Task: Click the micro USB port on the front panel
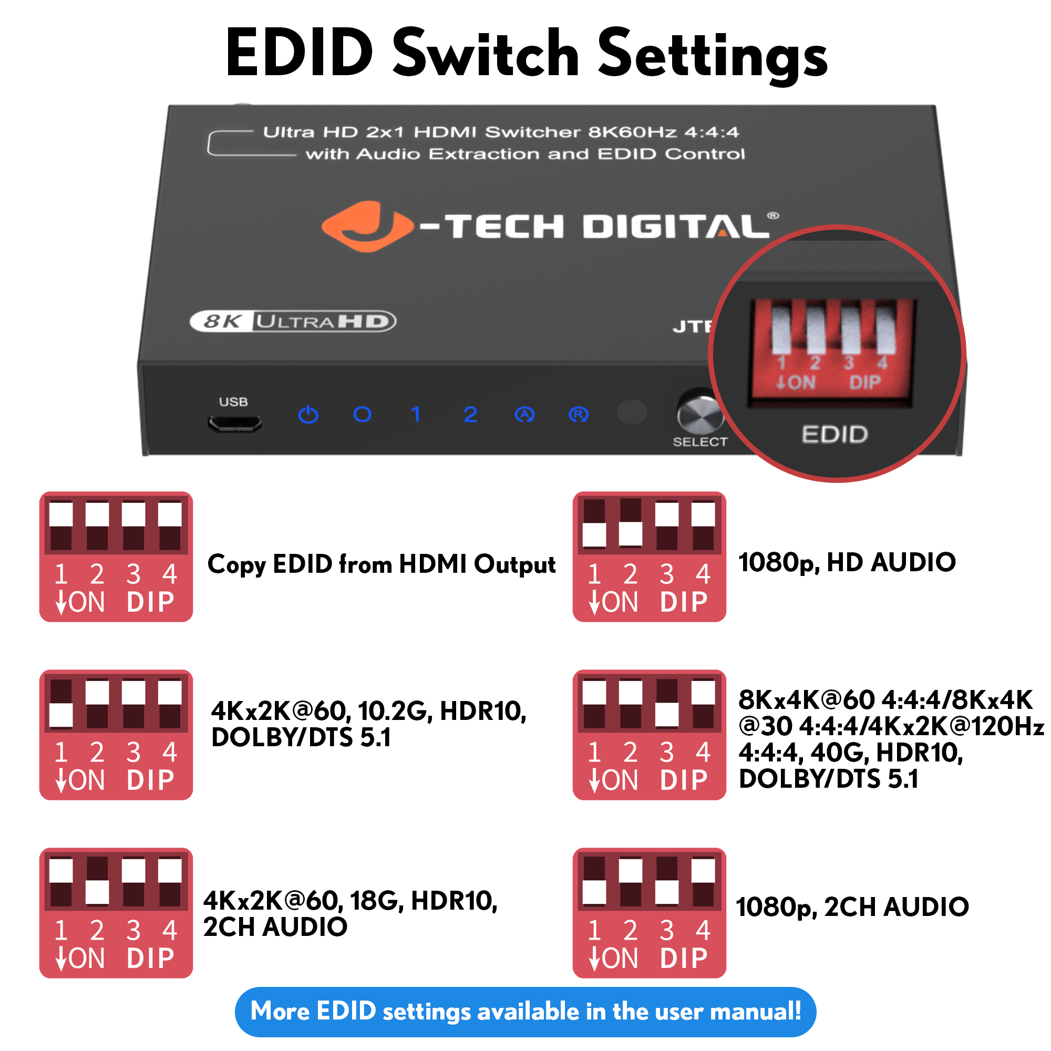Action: pyautogui.click(x=234, y=424)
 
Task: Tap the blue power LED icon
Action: pyautogui.click(x=308, y=415)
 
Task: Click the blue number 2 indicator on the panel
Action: pyautogui.click(x=470, y=415)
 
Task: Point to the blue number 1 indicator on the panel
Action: pyautogui.click(x=416, y=415)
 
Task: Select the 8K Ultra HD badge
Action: pyautogui.click(x=293, y=322)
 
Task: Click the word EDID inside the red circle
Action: pyautogui.click(x=834, y=434)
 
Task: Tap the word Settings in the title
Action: pyautogui.click(x=713, y=55)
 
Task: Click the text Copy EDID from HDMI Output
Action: pyautogui.click(x=382, y=564)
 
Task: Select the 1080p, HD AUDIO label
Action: pyautogui.click(x=847, y=562)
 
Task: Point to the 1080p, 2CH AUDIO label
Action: pyautogui.click(x=852, y=907)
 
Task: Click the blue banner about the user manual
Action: pyautogui.click(x=525, y=1011)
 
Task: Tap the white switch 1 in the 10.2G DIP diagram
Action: pyautogui.click(x=61, y=715)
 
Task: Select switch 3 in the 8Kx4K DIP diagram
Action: pyautogui.click(x=667, y=714)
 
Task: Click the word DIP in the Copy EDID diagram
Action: pyautogui.click(x=150, y=602)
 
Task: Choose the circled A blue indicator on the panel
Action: pyautogui.click(x=524, y=415)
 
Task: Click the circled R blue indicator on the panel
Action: pyautogui.click(x=578, y=415)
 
